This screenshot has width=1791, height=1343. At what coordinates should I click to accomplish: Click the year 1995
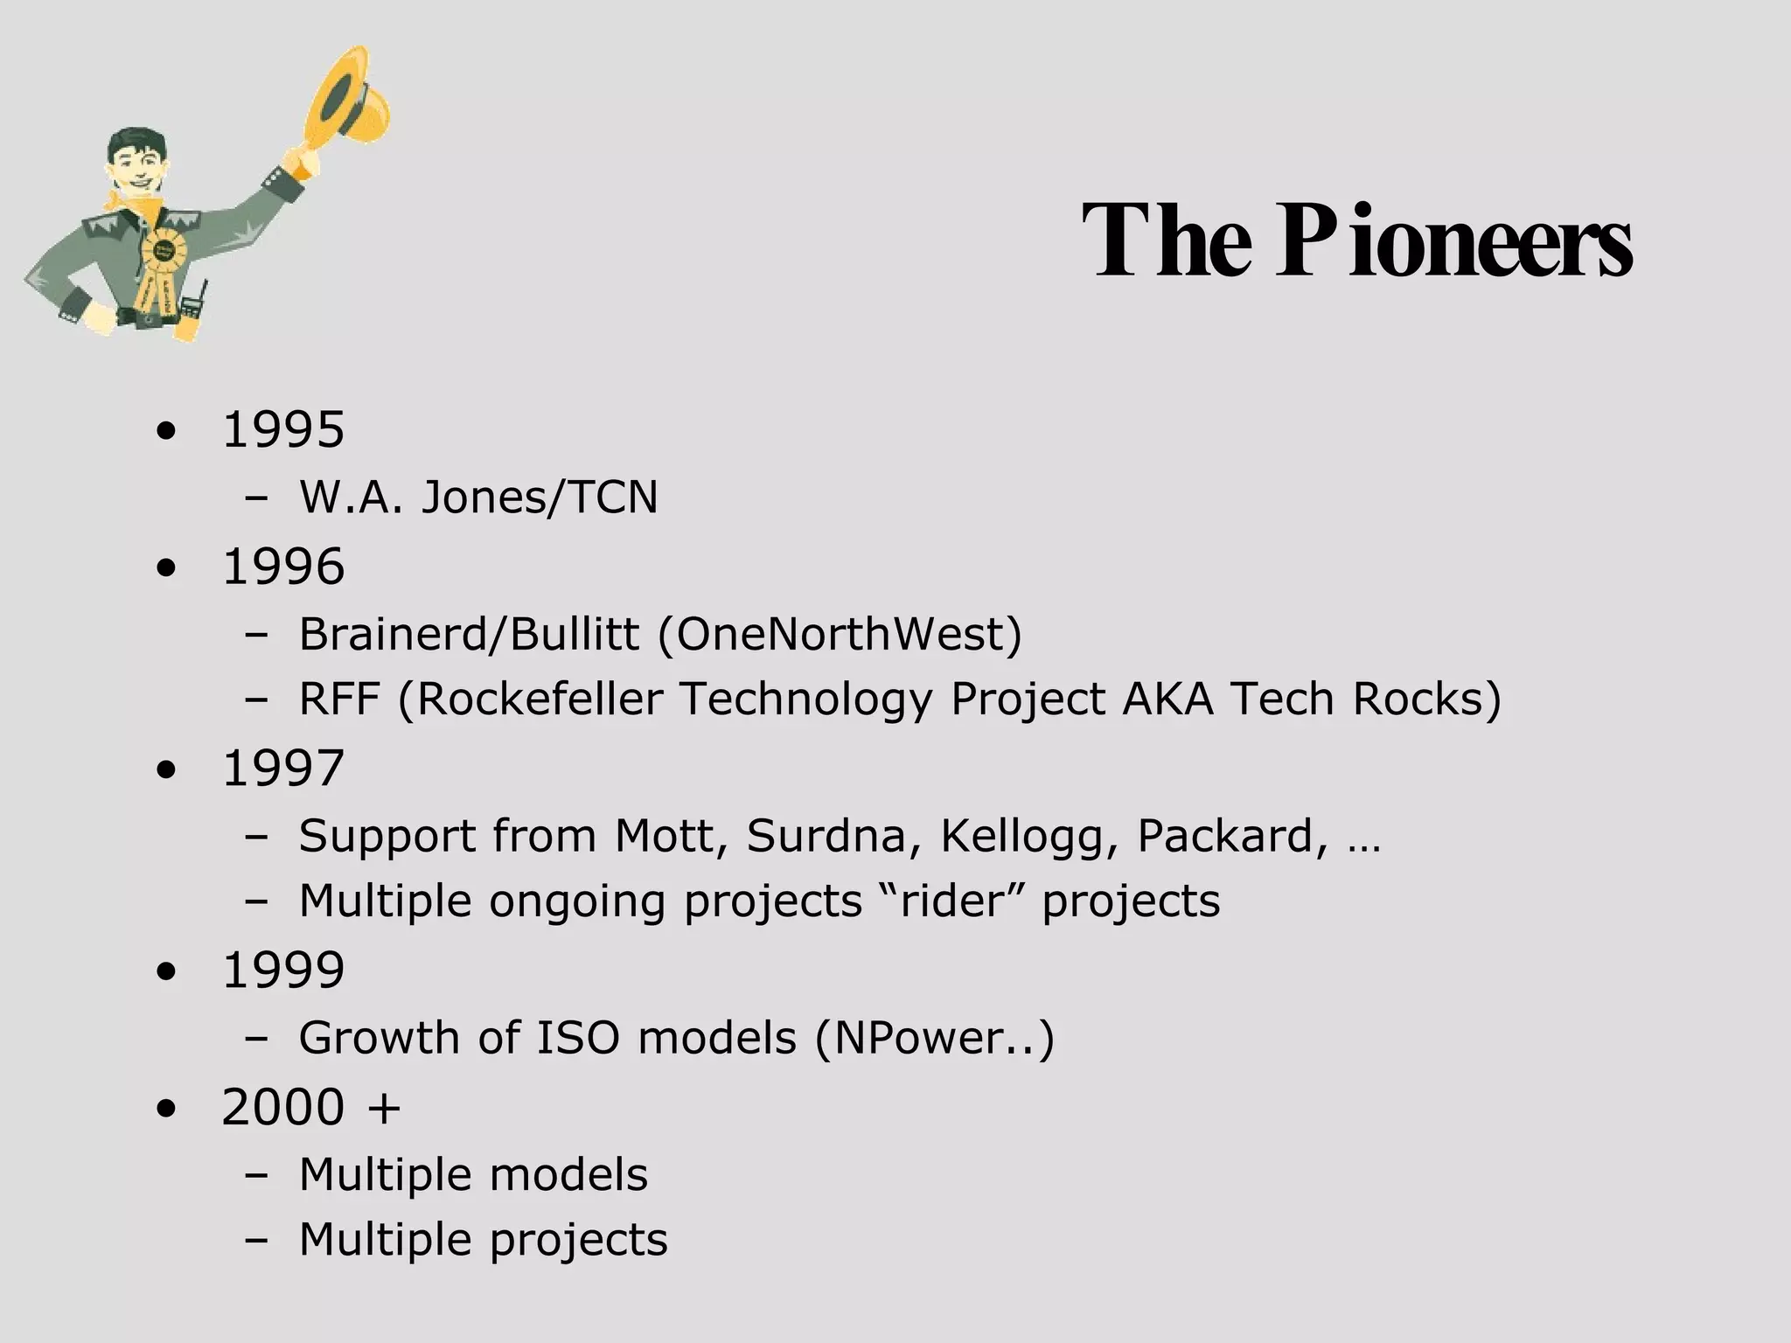(x=283, y=430)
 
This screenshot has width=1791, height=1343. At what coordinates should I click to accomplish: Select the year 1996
(x=283, y=567)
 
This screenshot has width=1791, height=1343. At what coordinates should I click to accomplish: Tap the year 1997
(x=283, y=769)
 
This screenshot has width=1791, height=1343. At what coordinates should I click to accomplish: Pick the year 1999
(x=283, y=971)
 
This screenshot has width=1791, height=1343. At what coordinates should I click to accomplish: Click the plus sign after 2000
(x=384, y=1109)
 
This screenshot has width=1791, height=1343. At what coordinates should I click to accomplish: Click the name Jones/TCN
(x=540, y=498)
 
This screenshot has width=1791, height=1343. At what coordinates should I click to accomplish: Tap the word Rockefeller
(x=540, y=699)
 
